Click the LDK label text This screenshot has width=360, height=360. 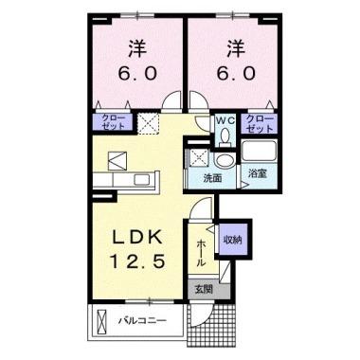click(140, 234)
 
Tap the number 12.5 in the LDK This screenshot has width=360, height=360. click(140, 259)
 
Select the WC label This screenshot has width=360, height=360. click(225, 120)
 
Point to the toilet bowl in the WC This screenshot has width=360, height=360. click(225, 136)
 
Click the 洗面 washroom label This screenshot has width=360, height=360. click(212, 177)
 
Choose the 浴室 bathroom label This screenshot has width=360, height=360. click(256, 175)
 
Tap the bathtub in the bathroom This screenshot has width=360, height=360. click(257, 151)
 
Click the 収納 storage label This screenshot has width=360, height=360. click(232, 241)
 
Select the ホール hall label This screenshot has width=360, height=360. click(202, 250)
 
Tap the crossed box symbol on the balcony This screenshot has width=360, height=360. click(102, 323)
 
